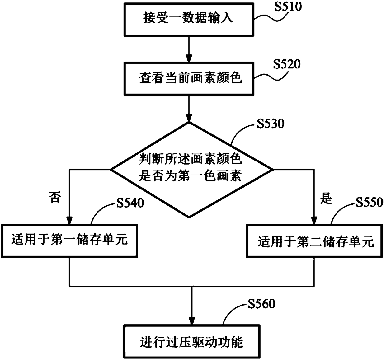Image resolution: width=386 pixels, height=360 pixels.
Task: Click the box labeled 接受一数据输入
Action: tap(189, 20)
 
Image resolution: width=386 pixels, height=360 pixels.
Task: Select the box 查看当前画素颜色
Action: tap(189, 79)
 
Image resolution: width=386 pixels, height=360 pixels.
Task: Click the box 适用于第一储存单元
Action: tap(69, 241)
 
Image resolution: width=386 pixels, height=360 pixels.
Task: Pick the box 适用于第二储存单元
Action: tap(314, 241)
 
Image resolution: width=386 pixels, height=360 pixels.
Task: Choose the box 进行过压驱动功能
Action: tap(192, 341)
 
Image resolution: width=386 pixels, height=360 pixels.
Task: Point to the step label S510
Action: tap(288, 7)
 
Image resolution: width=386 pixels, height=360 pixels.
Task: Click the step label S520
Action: tap(287, 64)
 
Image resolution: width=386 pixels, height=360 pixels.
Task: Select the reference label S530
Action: tap(271, 124)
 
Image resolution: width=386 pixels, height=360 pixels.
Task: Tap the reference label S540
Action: tap(130, 203)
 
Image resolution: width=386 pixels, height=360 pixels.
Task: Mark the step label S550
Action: tap(370, 203)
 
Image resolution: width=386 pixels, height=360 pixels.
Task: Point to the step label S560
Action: tap(261, 304)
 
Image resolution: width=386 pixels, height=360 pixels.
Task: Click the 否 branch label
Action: tap(55, 198)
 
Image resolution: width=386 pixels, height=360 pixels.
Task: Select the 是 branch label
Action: tap(326, 199)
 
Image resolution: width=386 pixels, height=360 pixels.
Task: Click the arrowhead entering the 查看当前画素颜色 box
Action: tap(189, 58)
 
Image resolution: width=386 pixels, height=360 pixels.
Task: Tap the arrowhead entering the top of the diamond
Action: tap(189, 118)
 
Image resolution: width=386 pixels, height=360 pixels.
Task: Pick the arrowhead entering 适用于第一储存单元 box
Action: tap(69, 220)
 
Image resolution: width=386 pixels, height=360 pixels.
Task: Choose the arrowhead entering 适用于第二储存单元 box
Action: tap(314, 220)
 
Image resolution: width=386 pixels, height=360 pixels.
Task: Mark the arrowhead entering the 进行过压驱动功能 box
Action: tap(192, 321)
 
